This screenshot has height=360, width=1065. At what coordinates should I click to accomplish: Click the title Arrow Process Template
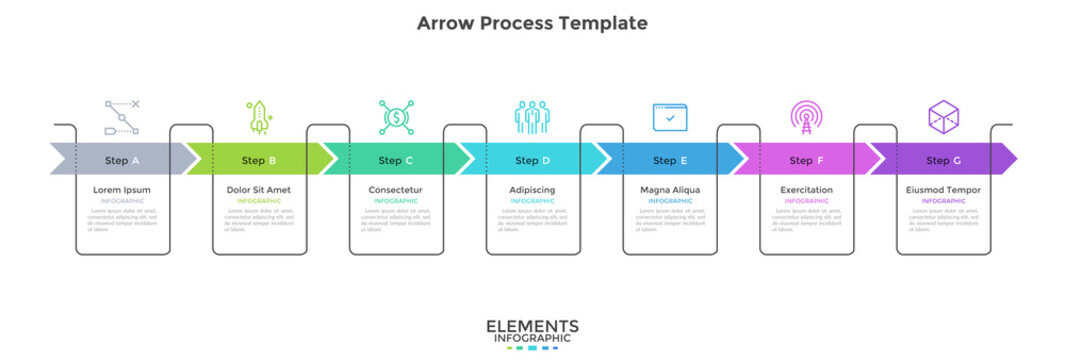[x=532, y=23]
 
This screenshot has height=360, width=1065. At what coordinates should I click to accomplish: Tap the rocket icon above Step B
[x=259, y=118]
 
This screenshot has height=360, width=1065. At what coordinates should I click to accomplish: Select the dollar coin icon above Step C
[x=396, y=118]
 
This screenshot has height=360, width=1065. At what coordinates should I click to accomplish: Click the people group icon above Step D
[x=533, y=118]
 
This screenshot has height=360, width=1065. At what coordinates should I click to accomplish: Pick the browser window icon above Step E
[x=670, y=118]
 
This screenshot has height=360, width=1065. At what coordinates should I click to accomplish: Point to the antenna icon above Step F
[x=804, y=118]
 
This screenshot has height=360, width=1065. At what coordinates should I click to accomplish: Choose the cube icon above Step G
[x=943, y=118]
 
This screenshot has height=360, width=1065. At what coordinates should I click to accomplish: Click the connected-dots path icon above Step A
[x=122, y=118]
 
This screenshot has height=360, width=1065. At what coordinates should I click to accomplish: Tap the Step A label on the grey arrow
[x=122, y=160]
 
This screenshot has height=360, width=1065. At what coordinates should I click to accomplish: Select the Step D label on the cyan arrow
[x=533, y=160]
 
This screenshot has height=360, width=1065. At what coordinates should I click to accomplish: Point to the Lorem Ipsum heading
[x=122, y=190]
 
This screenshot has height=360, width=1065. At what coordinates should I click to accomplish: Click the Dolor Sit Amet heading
[x=259, y=190]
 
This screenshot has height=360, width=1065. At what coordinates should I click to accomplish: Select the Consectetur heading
[x=396, y=190]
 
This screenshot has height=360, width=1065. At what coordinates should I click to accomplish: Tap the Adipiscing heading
[x=533, y=190]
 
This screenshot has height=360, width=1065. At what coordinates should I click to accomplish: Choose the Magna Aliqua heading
[x=670, y=190]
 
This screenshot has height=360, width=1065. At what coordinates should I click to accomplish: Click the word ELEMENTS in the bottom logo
[x=532, y=326]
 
